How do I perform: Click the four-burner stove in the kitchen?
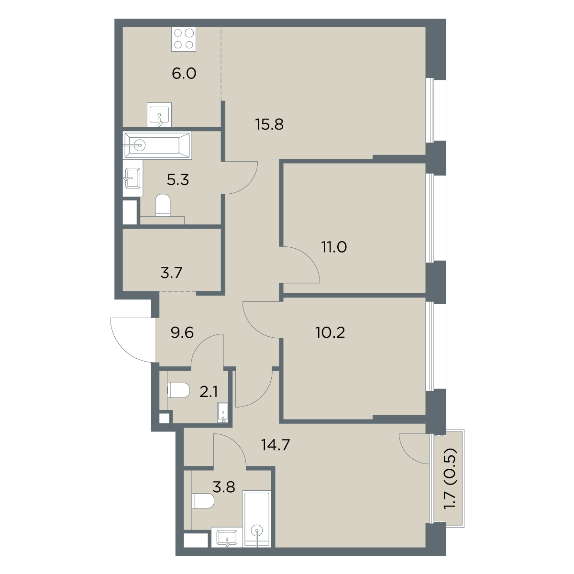click(184, 39)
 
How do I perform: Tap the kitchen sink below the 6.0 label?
click(159, 115)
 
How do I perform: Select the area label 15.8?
click(269, 124)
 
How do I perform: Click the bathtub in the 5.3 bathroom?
click(157, 145)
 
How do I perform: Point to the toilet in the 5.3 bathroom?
click(163, 205)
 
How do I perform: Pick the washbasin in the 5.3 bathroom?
click(132, 178)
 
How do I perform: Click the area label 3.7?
click(171, 273)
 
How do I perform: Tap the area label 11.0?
click(334, 247)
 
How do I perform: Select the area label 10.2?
click(330, 332)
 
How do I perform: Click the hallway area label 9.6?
click(182, 332)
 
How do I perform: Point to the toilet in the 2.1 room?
click(178, 390)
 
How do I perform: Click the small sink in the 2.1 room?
click(223, 412)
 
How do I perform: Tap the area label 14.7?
click(276, 445)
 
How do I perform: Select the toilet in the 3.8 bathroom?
click(203, 501)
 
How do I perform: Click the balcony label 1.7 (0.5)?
click(450, 483)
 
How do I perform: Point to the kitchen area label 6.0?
click(184, 74)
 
